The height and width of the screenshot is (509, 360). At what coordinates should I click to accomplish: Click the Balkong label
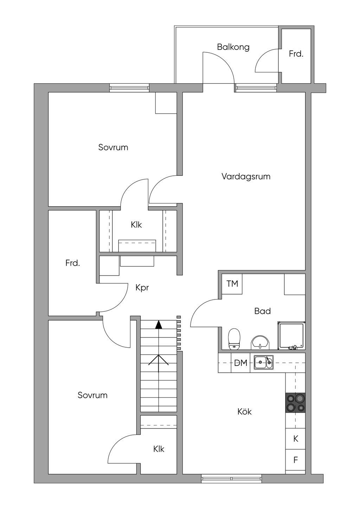233,47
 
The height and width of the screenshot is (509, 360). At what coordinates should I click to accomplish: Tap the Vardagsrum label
246,176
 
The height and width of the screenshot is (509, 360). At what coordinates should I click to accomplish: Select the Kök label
244,412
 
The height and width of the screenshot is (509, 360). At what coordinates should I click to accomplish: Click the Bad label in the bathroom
263,311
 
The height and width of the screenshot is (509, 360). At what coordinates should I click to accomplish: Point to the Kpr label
142,288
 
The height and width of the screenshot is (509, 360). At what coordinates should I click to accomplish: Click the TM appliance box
232,284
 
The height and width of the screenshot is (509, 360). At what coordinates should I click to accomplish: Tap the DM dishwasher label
241,363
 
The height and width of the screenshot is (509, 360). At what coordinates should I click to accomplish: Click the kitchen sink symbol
264,362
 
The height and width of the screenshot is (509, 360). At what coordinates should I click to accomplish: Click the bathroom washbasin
260,343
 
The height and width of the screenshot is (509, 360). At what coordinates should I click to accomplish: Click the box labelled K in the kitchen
295,439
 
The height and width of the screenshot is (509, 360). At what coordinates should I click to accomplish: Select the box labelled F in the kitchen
295,460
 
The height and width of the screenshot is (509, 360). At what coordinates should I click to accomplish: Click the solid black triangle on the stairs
159,324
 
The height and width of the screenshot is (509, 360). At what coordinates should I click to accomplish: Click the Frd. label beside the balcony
296,54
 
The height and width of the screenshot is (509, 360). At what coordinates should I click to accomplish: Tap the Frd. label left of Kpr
72,263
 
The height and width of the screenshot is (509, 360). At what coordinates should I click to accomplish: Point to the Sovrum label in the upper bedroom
113,148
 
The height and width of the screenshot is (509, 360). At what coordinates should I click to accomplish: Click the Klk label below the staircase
159,449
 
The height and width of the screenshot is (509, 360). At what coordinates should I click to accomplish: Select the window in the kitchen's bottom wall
232,477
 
